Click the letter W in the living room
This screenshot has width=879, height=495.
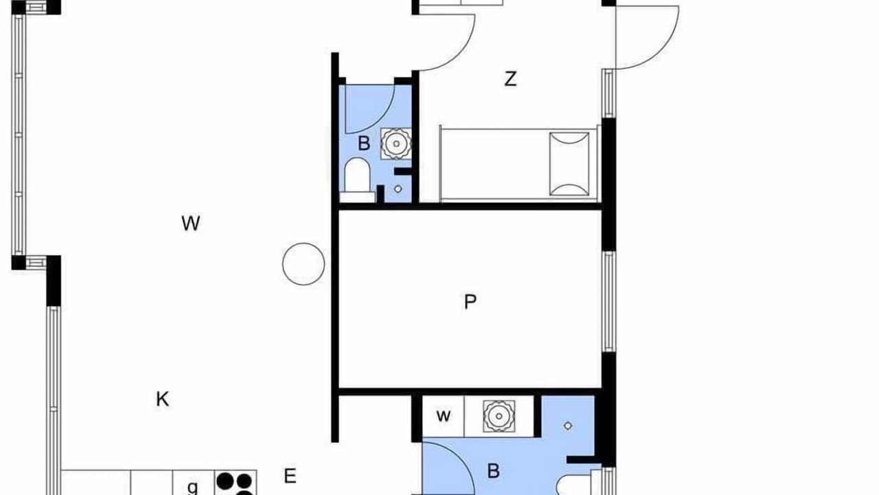tap(191, 223)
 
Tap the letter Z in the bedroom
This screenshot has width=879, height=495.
tap(510, 79)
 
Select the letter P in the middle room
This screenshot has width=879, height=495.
tap(470, 302)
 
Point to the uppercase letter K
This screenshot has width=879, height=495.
tap(163, 399)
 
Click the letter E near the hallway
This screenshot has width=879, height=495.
tap(290, 476)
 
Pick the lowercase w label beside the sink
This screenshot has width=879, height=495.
tap(444, 416)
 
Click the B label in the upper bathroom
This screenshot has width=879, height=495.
tap(364, 144)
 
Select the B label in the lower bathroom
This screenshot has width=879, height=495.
tap(493, 471)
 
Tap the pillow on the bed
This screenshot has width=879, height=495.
tap(569, 164)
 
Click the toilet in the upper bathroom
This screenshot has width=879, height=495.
tap(357, 180)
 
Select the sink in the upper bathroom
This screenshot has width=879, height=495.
tap(396, 144)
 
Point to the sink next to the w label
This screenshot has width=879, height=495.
tap(499, 416)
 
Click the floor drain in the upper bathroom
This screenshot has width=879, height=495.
tap(398, 189)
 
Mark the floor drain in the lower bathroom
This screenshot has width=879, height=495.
tap(567, 426)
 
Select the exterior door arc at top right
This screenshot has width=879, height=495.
tap(664, 51)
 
